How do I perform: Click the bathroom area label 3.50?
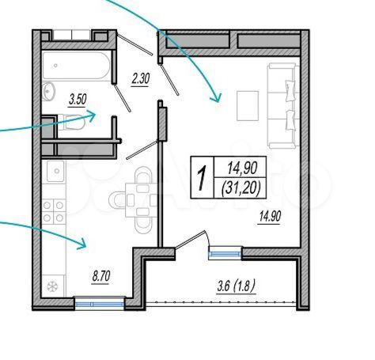(78, 100)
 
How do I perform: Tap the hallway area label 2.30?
(141, 79)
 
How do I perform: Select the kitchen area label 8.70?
(101, 277)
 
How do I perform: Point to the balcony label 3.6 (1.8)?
(236, 286)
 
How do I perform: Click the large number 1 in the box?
(202, 177)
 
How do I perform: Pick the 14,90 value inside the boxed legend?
(242, 168)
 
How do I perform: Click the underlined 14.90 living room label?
(270, 217)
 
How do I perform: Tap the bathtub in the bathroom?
(76, 66)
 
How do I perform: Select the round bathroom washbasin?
(48, 91)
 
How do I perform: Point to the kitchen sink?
(55, 171)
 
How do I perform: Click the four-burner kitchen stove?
(53, 211)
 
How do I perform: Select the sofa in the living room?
(283, 105)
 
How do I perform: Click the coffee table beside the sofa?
(248, 106)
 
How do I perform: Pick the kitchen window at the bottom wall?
(100, 304)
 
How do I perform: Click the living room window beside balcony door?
(225, 253)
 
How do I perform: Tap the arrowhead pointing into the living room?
(216, 97)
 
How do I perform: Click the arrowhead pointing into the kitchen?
(82, 244)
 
